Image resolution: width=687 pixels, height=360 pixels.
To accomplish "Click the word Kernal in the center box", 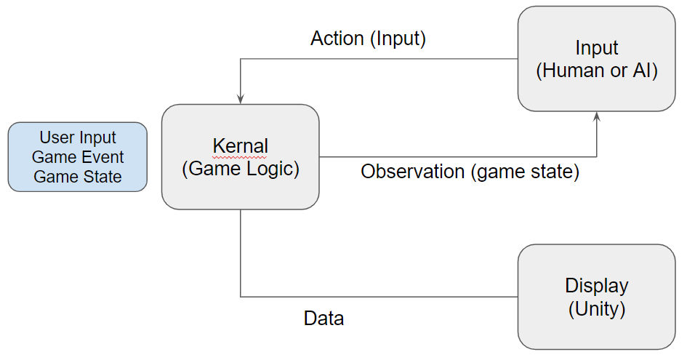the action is point(240,146).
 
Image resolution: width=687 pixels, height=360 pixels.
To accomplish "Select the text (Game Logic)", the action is point(241,169).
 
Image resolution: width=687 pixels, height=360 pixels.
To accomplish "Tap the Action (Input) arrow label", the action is point(368,39).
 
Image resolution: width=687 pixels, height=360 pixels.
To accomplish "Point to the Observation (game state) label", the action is point(470,172).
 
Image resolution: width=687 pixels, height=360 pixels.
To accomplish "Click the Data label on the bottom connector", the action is point(324,319).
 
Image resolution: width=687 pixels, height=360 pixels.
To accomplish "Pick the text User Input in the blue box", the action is point(78,137).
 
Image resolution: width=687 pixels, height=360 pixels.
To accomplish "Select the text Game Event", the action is point(78,157).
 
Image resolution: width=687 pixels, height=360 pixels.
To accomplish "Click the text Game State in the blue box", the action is point(78,177).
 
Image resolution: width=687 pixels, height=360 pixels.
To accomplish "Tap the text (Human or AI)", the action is point(597,71).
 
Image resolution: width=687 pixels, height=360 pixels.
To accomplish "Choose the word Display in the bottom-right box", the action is point(597,286).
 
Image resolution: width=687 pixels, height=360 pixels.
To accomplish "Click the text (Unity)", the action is point(597,308).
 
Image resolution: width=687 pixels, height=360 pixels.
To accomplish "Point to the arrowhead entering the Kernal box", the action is point(240,99).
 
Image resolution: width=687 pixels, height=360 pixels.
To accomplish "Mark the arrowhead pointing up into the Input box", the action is point(596,116).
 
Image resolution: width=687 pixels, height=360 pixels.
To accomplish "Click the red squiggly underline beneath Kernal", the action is point(240,156).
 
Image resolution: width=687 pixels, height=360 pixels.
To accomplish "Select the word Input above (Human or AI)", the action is point(597,48).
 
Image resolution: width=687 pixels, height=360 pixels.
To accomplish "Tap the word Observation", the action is point(413,172).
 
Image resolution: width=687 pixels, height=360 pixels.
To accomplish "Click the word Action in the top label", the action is point(337,39).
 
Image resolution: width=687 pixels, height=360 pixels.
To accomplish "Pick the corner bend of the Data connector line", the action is point(241,297).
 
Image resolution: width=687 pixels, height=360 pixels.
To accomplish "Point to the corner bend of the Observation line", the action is point(596,156).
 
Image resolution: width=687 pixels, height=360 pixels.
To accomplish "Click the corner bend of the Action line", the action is point(241,59).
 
